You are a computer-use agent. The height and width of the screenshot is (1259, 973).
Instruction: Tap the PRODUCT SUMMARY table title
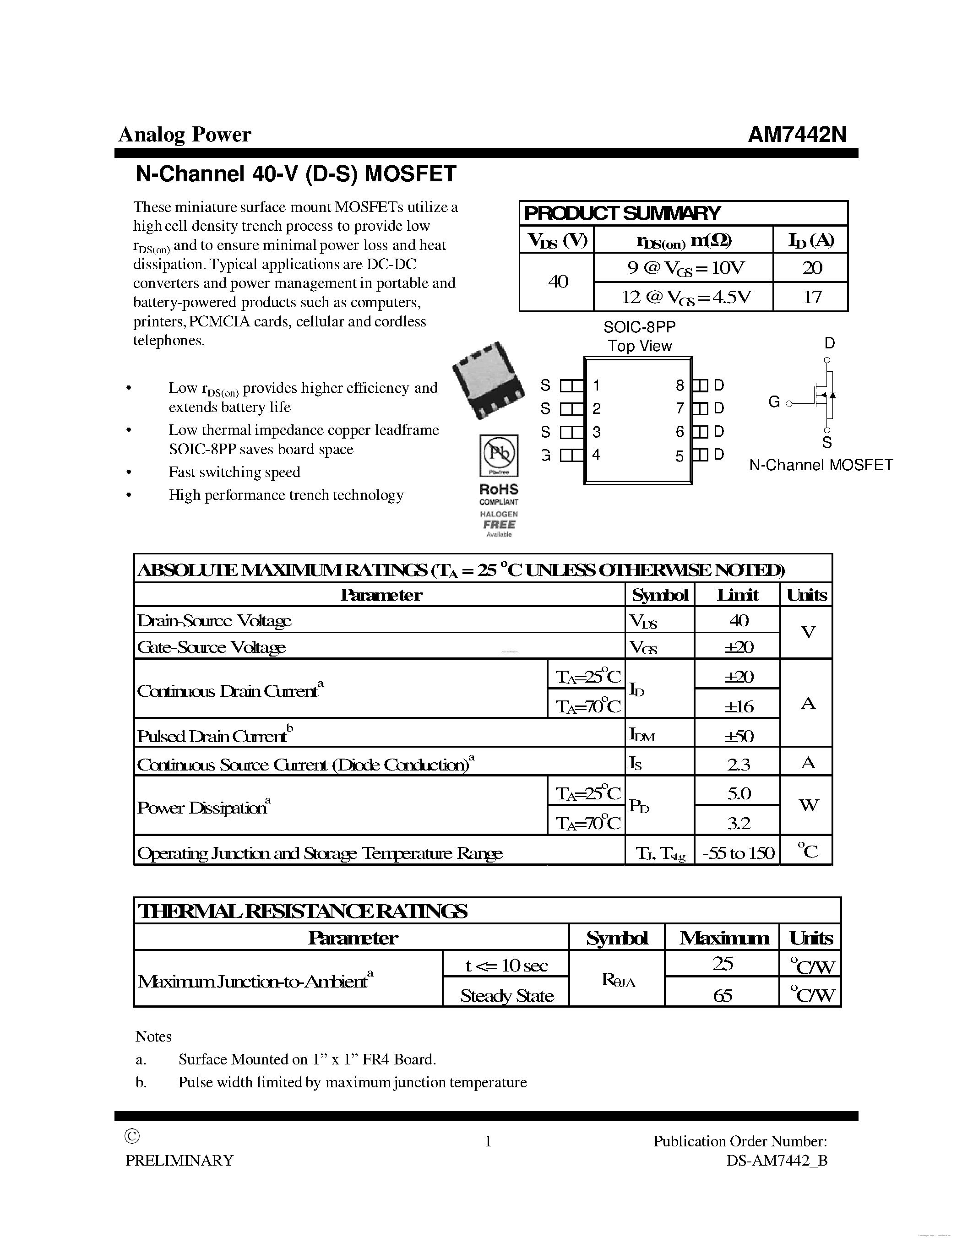pos(621,213)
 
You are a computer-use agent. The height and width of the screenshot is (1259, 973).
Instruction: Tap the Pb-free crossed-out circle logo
pos(498,454)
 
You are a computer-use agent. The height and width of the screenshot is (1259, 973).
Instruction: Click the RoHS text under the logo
pos(499,489)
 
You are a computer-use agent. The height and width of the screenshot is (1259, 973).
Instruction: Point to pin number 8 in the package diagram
pos(679,385)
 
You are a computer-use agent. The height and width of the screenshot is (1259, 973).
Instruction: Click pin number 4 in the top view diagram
pos(596,455)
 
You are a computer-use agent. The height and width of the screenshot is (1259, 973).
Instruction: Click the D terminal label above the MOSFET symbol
pos(829,343)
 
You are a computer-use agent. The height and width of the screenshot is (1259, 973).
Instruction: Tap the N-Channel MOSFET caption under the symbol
pos(821,465)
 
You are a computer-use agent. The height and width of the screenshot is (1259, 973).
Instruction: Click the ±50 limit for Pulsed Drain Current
pos(739,736)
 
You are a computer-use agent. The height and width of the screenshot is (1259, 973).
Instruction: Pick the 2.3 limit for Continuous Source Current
pos(739,765)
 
